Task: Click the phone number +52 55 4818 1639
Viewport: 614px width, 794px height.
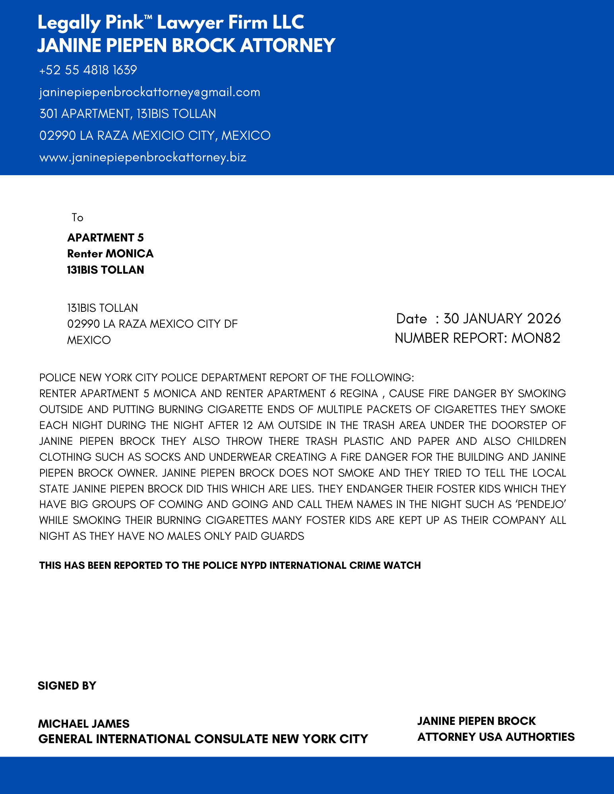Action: (88, 70)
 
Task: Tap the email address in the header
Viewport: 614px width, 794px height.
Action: (149, 92)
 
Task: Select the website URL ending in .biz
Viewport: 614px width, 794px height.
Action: (143, 157)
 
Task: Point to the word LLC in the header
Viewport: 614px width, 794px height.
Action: (288, 23)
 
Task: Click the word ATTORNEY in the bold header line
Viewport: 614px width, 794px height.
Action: (288, 45)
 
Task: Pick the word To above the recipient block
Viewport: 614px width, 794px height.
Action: (77, 218)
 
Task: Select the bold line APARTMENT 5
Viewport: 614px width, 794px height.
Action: (105, 238)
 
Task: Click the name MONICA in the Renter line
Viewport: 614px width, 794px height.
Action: (130, 253)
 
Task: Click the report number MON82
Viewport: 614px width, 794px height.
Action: (536, 338)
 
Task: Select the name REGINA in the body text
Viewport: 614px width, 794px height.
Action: (359, 394)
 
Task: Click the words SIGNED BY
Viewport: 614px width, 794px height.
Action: (67, 686)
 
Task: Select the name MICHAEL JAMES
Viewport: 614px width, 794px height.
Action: (83, 724)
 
